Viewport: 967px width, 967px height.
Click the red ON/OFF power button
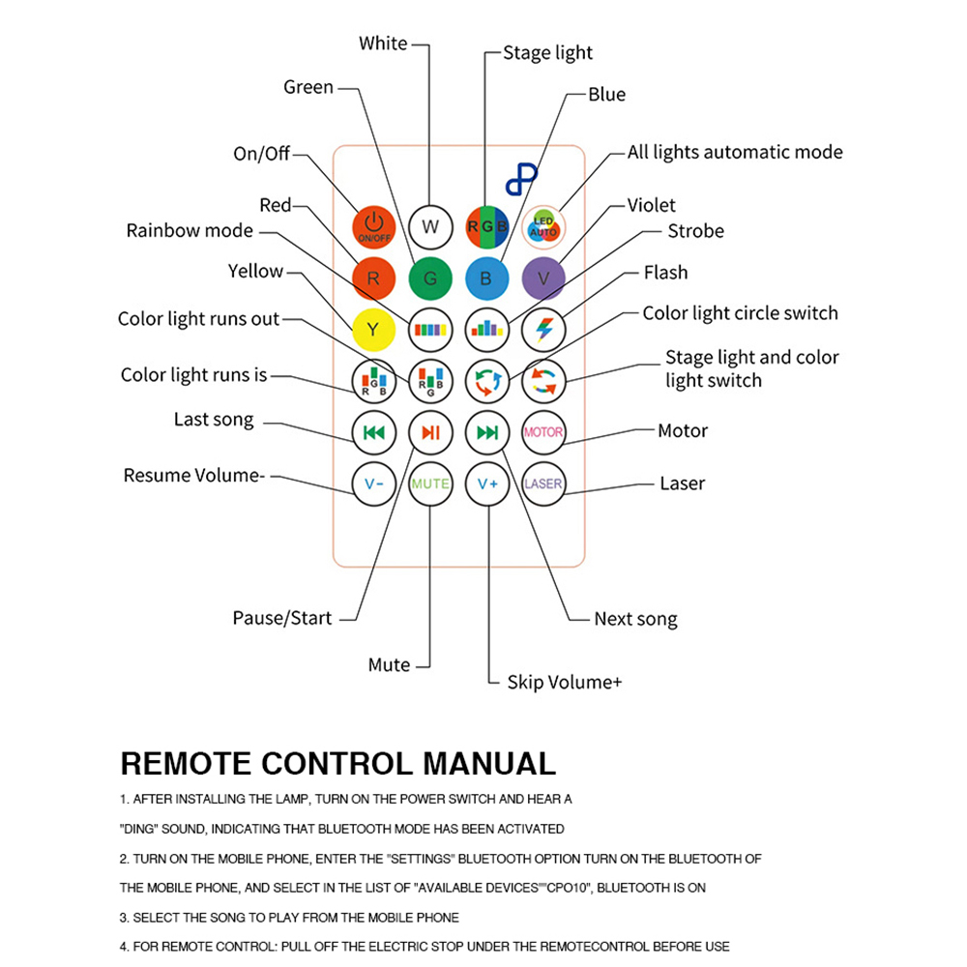[x=373, y=227]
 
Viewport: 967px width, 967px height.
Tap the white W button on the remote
[x=430, y=227]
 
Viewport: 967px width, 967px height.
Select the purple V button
[x=543, y=278]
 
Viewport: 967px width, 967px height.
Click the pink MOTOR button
[x=543, y=432]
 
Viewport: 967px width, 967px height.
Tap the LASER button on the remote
[x=543, y=483]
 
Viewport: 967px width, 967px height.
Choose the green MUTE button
[x=430, y=483]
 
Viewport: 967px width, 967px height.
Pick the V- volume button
[x=373, y=483]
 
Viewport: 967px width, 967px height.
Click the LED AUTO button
[x=543, y=227]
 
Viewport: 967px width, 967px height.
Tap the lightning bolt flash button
[x=543, y=330]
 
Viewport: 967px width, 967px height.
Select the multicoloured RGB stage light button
[x=487, y=227]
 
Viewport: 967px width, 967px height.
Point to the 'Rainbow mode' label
[x=190, y=230]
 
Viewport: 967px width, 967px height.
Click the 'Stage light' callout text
[x=547, y=53]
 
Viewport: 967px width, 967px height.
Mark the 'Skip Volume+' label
[x=564, y=682]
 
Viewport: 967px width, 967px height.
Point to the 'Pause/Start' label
[x=281, y=618]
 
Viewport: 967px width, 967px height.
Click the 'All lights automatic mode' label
[x=735, y=152]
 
